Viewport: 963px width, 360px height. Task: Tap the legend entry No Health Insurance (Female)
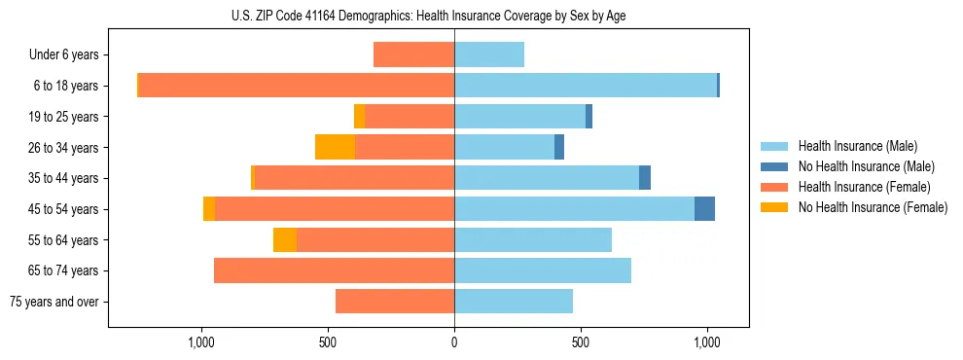(x=872, y=207)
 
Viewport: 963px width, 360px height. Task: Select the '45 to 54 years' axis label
(x=64, y=209)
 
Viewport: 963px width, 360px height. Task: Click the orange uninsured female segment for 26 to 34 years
(x=335, y=147)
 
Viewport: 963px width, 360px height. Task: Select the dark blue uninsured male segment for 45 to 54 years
(x=704, y=209)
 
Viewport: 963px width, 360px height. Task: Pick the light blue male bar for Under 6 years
(x=489, y=55)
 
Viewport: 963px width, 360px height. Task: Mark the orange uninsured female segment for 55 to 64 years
(x=285, y=240)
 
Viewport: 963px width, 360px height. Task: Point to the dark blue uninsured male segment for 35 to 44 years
(x=645, y=178)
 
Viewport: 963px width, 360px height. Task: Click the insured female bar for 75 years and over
(x=395, y=302)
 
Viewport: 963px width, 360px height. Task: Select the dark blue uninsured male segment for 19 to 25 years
(x=588, y=117)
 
